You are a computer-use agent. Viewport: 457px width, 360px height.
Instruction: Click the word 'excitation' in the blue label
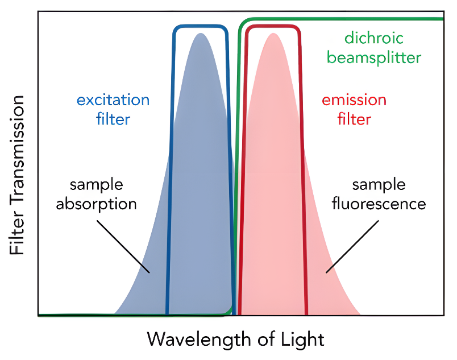point(113,101)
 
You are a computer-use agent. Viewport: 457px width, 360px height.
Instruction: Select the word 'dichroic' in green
point(373,39)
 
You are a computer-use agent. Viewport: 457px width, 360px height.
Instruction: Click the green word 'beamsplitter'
point(383,57)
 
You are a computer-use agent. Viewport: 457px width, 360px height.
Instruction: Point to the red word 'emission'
point(354,101)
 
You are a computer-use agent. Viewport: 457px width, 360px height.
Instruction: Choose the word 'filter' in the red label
point(354,119)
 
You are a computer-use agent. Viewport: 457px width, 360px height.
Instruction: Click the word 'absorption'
point(96,204)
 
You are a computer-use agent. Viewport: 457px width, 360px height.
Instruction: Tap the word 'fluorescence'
point(379,204)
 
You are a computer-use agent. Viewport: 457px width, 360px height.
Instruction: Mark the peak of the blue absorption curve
point(200,34)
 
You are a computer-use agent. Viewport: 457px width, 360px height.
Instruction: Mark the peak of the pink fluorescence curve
point(273,34)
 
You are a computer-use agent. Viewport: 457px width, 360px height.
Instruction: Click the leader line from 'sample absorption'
point(123,245)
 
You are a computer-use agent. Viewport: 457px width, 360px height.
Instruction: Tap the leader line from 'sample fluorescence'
point(348,245)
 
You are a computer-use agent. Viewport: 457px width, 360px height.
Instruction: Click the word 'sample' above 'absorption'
point(96,185)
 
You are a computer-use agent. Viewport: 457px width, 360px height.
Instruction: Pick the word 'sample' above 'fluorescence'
point(379,185)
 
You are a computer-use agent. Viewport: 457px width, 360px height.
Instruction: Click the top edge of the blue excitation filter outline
point(200,26)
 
